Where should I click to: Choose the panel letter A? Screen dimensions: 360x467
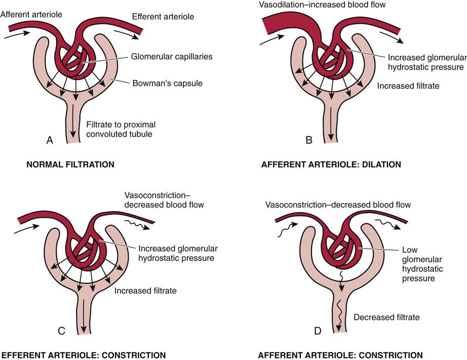[x=50, y=141]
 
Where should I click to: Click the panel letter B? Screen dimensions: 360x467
[x=308, y=141]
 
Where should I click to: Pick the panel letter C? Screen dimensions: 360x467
[x=61, y=332]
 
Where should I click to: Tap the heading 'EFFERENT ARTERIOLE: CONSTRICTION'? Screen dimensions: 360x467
[x=83, y=355]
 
